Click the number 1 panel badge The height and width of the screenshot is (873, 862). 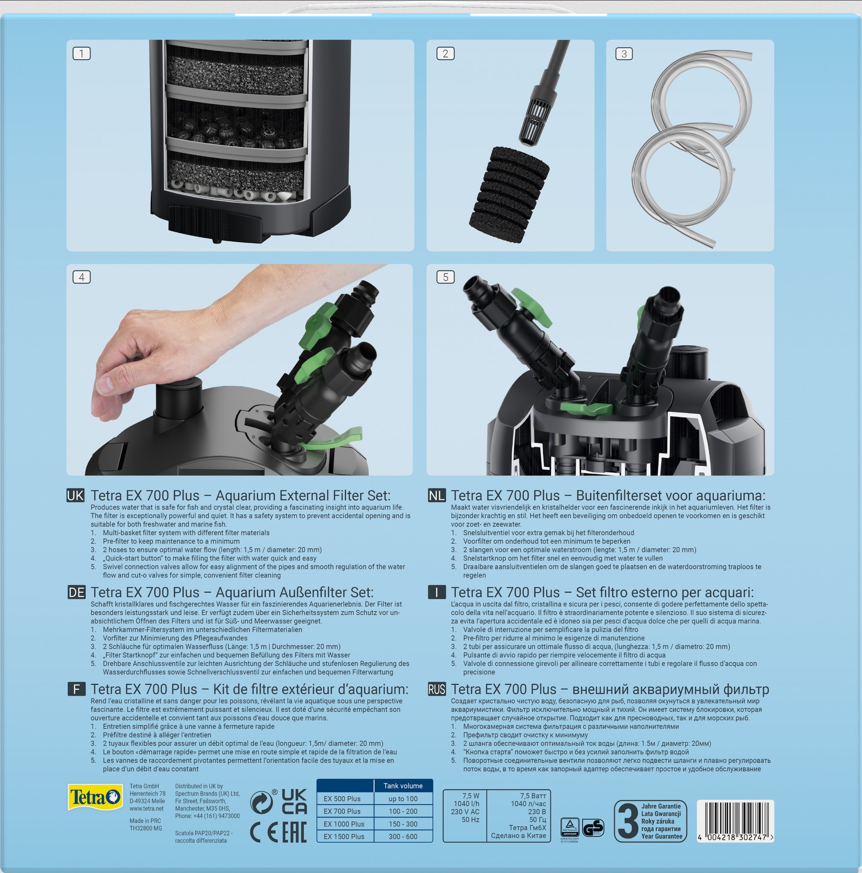(x=81, y=53)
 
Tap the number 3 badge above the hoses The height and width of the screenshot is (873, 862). (x=624, y=54)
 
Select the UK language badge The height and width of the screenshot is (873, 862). (x=75, y=496)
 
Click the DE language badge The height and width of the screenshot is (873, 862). (x=76, y=592)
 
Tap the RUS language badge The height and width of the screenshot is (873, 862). (x=437, y=689)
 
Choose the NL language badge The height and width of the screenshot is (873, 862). (x=437, y=496)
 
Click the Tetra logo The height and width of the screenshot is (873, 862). (x=95, y=797)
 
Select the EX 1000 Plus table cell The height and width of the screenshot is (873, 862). (x=344, y=824)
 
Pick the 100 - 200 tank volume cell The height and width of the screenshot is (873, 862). (x=403, y=811)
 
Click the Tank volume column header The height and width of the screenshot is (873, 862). (x=403, y=786)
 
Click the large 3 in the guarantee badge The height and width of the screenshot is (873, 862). (x=628, y=821)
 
